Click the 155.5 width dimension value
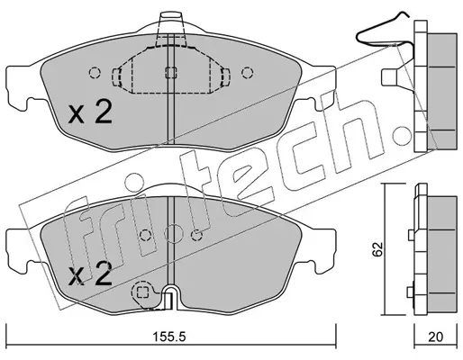pos(169,337)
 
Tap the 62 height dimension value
pos(377,249)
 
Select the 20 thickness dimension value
pos(435,337)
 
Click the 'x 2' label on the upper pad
pos(90,112)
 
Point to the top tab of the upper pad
pos(170,23)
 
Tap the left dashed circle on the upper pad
pos(95,72)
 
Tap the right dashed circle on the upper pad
pos(248,72)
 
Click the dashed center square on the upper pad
pos(171,73)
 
